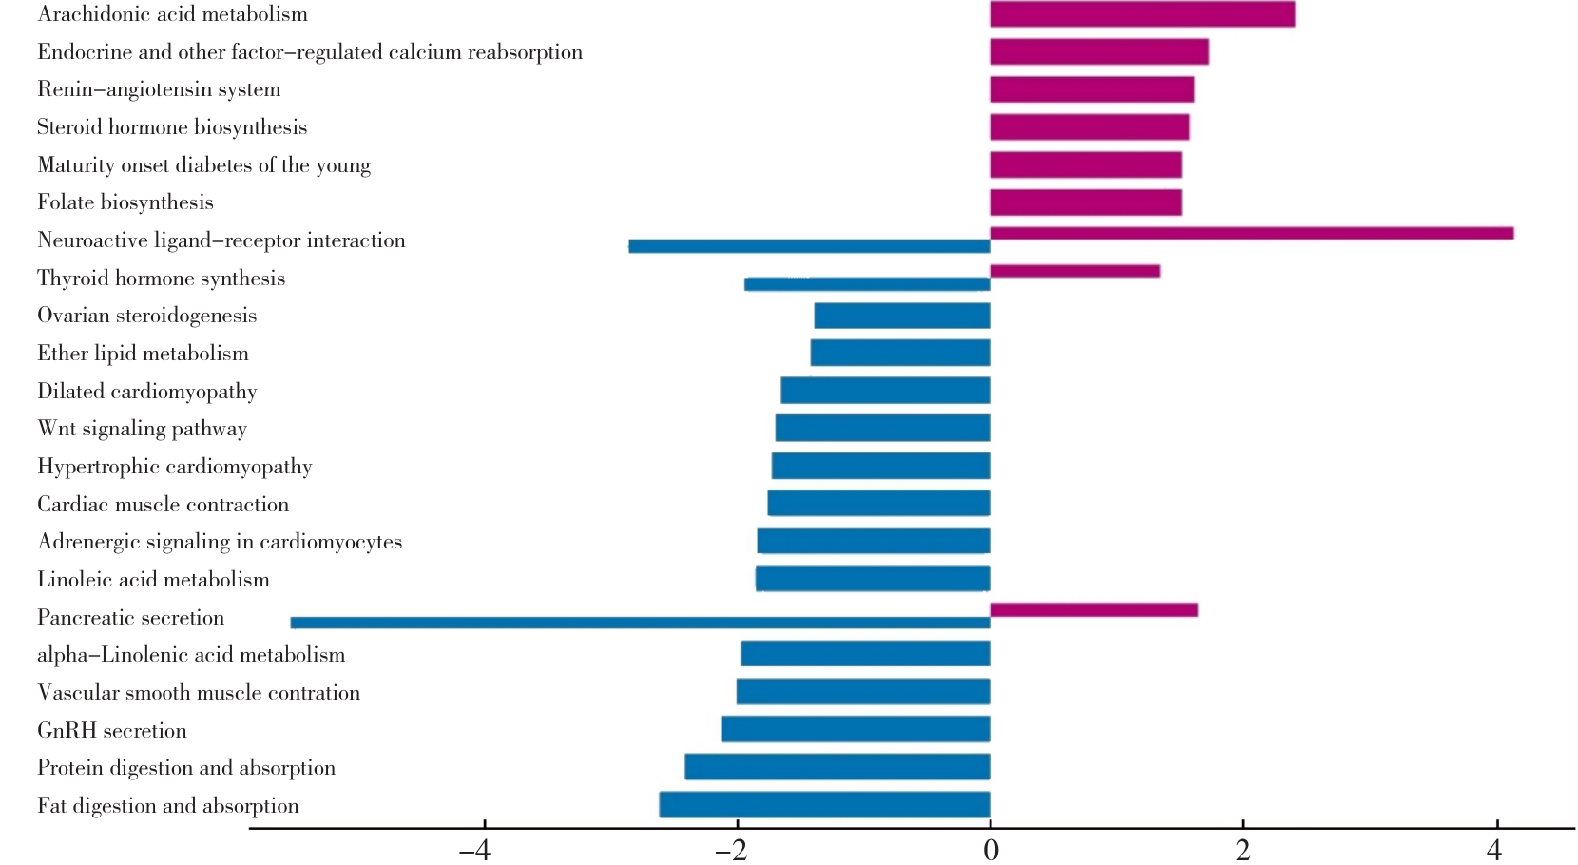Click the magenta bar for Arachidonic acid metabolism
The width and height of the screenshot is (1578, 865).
(x=1142, y=14)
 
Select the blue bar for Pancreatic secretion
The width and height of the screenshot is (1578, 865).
(x=640, y=623)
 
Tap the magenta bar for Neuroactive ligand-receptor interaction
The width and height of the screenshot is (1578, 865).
(x=1251, y=233)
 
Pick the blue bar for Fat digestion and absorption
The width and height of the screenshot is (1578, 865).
(x=824, y=805)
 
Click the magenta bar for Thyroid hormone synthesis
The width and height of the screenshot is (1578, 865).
(x=1074, y=271)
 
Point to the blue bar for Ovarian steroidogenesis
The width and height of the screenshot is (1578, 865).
(x=902, y=316)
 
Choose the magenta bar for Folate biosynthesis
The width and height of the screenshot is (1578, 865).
(x=1086, y=202)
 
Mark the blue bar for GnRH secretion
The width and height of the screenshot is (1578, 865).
(x=856, y=729)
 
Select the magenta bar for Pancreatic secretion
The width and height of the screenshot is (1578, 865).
(x=1093, y=610)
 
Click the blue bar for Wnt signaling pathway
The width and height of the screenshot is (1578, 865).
(x=882, y=428)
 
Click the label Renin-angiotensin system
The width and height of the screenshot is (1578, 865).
(x=159, y=89)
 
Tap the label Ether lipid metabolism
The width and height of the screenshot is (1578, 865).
(x=143, y=354)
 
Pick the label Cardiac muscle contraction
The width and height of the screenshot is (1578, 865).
(x=163, y=505)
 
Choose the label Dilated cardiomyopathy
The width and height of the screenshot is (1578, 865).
(x=146, y=392)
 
